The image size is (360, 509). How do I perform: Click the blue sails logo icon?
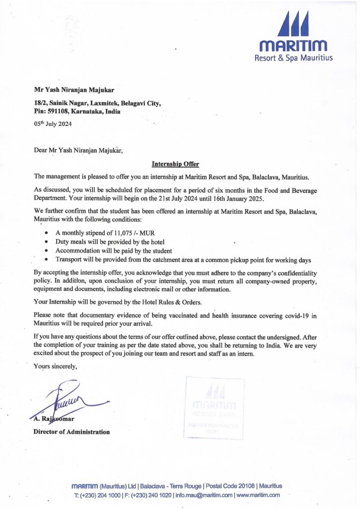(293, 25)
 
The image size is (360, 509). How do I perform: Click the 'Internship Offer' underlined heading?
(175, 164)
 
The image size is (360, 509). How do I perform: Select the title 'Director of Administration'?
(72, 432)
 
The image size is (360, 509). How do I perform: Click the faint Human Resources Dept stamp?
(214, 408)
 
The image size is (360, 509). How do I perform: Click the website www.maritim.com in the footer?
(258, 495)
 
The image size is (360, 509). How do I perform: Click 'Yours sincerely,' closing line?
(55, 367)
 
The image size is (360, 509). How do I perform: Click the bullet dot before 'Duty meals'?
(46, 242)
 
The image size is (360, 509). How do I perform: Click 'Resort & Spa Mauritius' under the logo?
(293, 58)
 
